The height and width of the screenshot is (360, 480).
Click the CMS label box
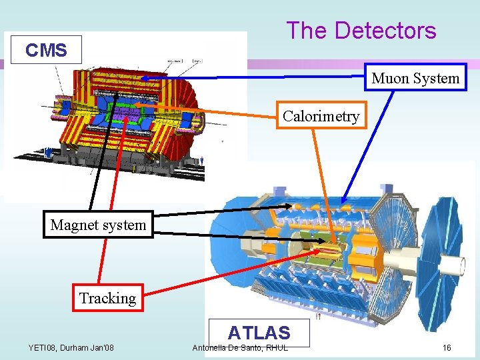pos(46,50)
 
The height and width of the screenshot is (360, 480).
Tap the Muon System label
pos(415,79)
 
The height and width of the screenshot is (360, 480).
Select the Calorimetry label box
pos(321,116)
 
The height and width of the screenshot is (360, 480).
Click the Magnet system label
pos(98,225)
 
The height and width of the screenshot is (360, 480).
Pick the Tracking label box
pos(107,298)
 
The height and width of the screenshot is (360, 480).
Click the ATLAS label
pos(259,332)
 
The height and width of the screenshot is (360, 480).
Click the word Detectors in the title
pos(385,31)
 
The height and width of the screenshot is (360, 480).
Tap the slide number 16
pos(447,347)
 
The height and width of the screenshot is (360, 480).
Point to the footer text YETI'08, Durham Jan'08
pos(71,347)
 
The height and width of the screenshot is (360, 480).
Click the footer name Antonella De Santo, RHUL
pos(240,347)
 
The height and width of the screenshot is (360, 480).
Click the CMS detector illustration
pos(127,117)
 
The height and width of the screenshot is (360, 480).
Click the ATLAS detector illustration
pos(333,253)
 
